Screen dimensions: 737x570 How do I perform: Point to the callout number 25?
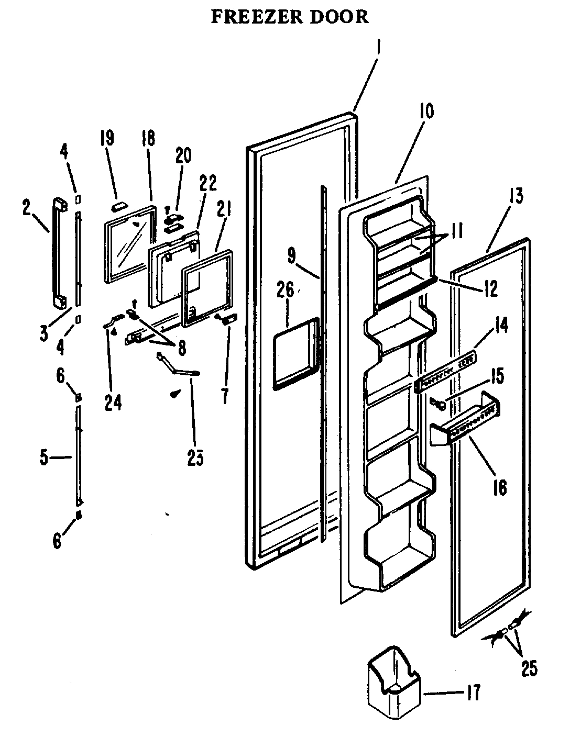[529, 669]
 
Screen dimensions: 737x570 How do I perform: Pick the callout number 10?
[426, 112]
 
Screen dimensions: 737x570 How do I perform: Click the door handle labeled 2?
[58, 251]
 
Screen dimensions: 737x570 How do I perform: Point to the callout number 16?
[500, 487]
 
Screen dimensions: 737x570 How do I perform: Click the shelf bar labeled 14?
[445, 372]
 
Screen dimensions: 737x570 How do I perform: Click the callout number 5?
[45, 459]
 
